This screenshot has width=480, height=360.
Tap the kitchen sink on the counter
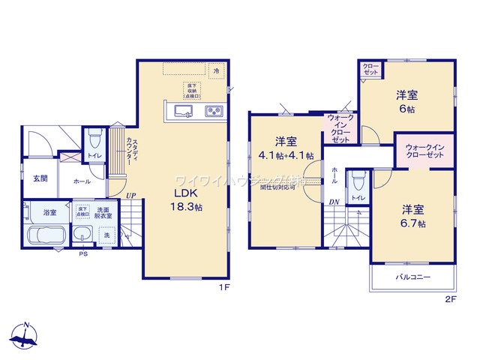(184, 112)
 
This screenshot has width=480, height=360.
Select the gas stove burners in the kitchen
(212, 112)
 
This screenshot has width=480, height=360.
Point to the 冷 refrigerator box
(217, 70)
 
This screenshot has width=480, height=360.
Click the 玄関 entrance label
(40, 178)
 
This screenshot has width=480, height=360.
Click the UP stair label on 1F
(130, 196)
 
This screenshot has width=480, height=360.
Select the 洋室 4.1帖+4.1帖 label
(286, 148)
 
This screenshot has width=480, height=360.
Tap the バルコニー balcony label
(413, 277)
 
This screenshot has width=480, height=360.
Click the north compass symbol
(25, 337)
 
